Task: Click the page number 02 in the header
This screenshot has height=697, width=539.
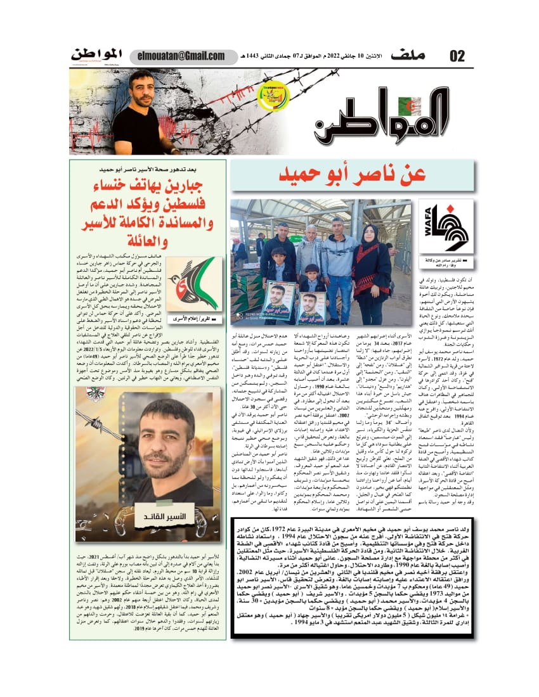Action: (x=457, y=56)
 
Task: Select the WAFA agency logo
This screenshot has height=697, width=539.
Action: (x=445, y=227)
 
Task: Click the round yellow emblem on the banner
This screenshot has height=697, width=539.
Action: (x=273, y=96)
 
